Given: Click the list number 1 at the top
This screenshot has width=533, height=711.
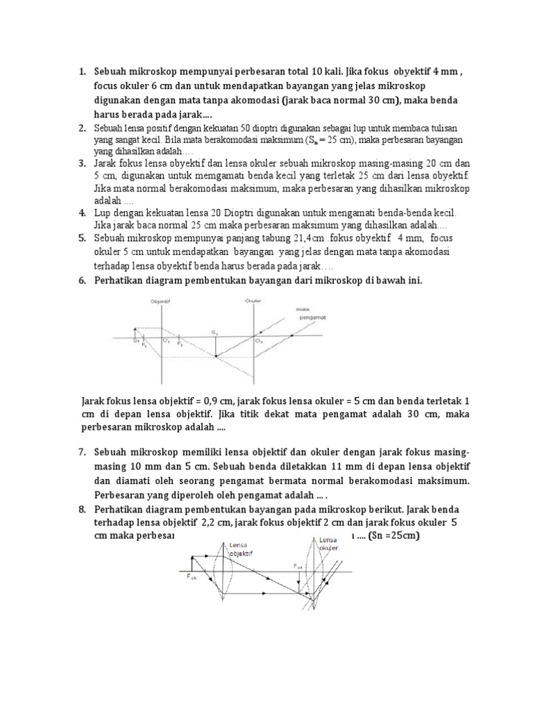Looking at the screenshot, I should [x=81, y=71].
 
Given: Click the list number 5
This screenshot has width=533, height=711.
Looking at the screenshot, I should [x=81, y=238].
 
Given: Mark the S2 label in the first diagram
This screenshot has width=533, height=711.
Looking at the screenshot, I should [x=216, y=334].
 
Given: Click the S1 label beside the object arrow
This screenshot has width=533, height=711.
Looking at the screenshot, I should [x=137, y=340].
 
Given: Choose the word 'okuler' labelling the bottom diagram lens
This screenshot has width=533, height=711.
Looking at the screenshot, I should [x=329, y=547].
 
